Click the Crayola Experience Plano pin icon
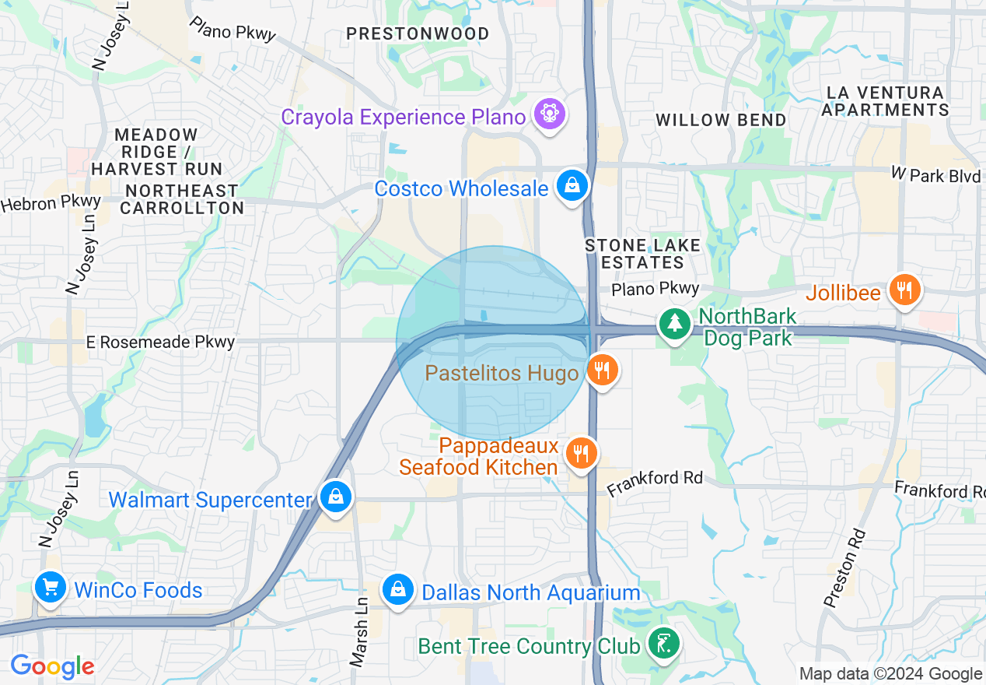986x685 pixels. coord(550,115)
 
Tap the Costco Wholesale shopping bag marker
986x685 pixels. coord(572,186)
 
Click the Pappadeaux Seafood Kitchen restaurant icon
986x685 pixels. coord(581,453)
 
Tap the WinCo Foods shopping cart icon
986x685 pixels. coord(50,587)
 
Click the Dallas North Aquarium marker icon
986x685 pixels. coord(397,590)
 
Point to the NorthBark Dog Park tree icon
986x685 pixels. coord(673,323)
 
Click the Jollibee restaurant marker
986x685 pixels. coord(904,290)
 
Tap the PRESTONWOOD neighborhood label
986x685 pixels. coord(418,34)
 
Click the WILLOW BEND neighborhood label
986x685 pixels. coord(721,120)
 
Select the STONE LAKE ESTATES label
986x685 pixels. coord(642,254)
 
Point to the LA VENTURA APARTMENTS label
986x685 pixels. coord(885,101)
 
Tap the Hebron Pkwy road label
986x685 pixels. coord(51,203)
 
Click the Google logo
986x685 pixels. coord(52,666)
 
